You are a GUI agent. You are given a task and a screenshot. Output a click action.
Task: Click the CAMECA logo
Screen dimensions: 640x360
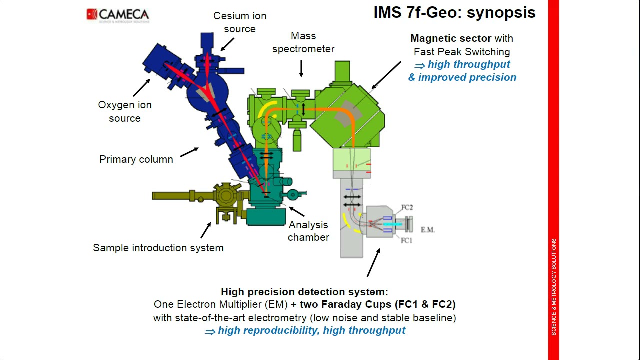click(x=118, y=15)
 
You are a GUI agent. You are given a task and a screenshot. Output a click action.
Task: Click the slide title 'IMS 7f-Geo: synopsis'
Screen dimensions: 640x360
click(x=454, y=13)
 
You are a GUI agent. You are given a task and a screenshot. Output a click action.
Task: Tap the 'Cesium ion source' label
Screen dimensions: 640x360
click(x=240, y=22)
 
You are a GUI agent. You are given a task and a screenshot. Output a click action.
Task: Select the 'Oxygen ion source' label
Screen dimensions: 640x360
click(x=125, y=111)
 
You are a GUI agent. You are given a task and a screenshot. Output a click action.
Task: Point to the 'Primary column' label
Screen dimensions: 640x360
click(x=136, y=159)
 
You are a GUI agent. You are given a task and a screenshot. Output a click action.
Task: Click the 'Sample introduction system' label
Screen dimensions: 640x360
click(x=158, y=248)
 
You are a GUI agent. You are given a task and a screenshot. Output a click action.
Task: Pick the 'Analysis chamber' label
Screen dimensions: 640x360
click(x=308, y=231)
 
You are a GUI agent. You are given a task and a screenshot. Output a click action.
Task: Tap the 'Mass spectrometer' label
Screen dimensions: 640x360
click(x=303, y=42)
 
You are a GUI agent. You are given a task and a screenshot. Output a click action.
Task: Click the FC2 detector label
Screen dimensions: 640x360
click(x=407, y=207)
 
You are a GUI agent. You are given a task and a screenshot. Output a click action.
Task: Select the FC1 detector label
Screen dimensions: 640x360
click(x=406, y=241)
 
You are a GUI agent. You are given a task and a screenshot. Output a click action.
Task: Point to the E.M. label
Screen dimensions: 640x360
click(x=427, y=230)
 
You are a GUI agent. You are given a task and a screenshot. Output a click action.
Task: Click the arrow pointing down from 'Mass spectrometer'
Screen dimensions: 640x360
click(x=301, y=68)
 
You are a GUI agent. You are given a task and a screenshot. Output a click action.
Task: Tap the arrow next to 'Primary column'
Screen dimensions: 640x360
click(x=189, y=152)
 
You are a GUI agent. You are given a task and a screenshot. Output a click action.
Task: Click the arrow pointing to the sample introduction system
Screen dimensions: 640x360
click(x=206, y=230)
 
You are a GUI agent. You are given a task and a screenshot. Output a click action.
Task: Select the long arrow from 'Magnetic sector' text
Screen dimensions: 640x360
click(x=386, y=75)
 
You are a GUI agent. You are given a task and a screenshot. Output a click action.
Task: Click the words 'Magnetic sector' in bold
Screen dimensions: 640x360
click(x=451, y=38)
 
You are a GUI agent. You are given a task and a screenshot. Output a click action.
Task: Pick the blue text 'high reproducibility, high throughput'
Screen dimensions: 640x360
click(x=311, y=330)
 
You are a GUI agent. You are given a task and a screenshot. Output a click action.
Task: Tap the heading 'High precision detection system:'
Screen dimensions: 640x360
click(x=305, y=292)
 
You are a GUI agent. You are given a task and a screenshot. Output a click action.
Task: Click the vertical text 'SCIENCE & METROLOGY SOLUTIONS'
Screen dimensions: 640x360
click(x=553, y=287)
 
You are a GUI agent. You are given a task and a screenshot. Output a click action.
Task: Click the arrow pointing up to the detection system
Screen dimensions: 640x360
click(x=373, y=263)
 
